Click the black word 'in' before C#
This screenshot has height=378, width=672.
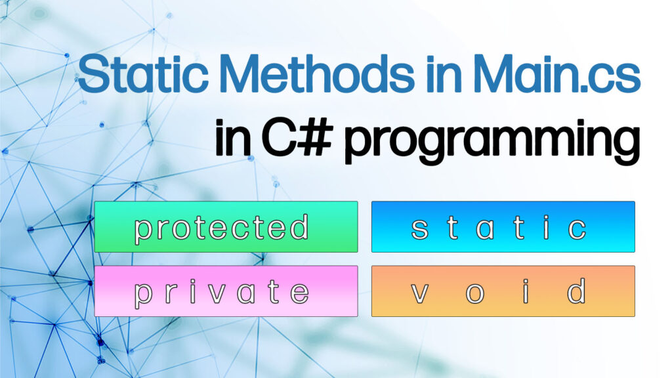(234, 139)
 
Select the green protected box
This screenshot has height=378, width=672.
(226, 227)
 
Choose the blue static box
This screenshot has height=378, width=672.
(503, 227)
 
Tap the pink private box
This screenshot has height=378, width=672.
(226, 291)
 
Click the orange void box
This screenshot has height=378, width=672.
(503, 291)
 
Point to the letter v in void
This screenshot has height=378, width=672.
(420, 293)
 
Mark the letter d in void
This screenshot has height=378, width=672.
(576, 291)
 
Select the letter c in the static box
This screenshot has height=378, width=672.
(577, 228)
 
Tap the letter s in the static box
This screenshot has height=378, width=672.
(420, 228)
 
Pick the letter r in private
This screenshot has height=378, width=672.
(171, 293)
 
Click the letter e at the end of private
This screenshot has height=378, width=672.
(299, 293)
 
